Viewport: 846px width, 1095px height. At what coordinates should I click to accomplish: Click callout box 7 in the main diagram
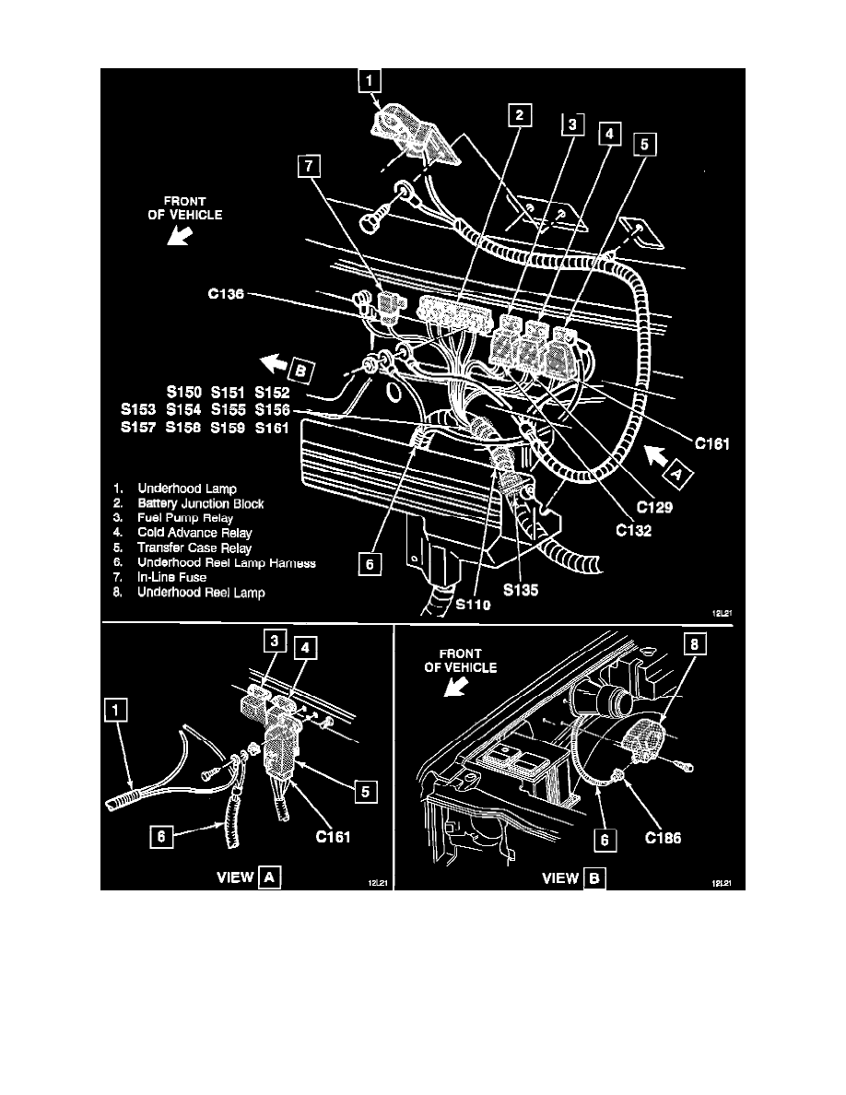click(x=310, y=167)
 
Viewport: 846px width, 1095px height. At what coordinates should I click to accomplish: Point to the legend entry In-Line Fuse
click(x=171, y=577)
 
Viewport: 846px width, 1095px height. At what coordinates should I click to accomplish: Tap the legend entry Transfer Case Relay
click(x=194, y=547)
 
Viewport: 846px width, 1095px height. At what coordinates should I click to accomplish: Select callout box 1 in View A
click(x=116, y=711)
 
